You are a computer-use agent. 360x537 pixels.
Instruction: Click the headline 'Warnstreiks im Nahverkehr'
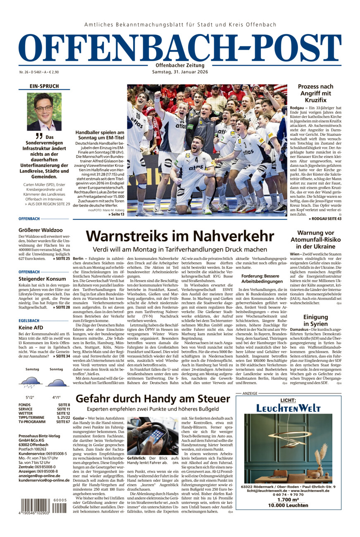coord(180,236)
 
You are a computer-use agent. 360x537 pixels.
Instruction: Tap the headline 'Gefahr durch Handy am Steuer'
coord(153,399)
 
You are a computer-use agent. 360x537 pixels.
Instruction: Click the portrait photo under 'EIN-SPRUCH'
coord(44,112)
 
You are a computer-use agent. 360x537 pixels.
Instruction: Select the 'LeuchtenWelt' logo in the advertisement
coord(288,408)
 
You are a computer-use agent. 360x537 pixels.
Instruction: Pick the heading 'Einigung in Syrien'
coord(315,321)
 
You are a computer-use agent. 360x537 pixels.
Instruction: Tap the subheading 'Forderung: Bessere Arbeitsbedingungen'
coord(261,278)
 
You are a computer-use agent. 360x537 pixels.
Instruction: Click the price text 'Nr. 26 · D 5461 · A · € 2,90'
coord(39,72)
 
